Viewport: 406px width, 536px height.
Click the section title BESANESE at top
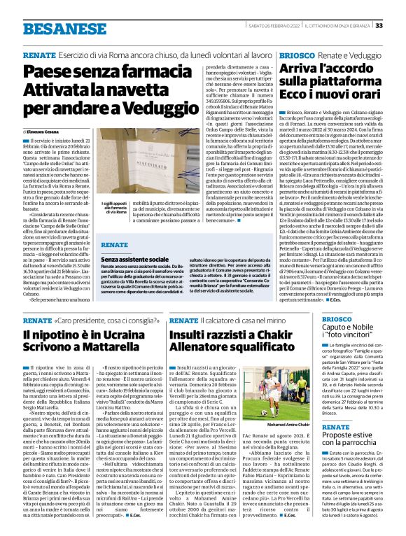point(55,28)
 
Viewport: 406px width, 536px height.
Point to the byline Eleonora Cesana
point(46,132)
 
